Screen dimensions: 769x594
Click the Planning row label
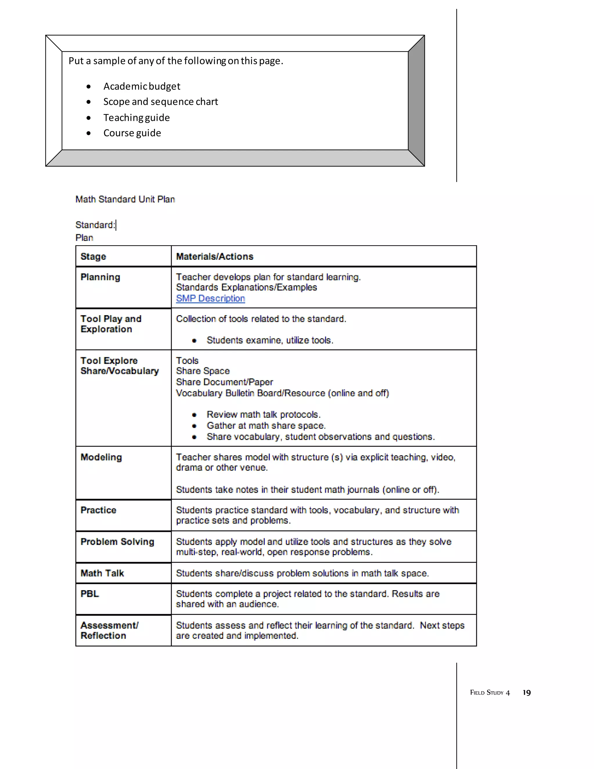click(x=100, y=277)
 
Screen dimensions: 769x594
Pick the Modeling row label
click(x=101, y=457)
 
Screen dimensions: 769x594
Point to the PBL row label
click(x=90, y=594)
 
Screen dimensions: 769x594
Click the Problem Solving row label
click(x=117, y=541)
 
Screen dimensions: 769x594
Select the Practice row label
click(x=98, y=510)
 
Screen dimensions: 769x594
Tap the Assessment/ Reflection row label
click(x=109, y=630)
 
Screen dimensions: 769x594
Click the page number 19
click(x=526, y=693)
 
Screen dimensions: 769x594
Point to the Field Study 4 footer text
click(x=490, y=693)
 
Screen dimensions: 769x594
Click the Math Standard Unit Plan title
click(x=125, y=199)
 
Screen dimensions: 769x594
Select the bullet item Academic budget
click(x=142, y=86)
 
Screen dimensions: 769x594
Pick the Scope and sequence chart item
click(x=160, y=102)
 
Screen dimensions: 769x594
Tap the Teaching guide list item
click(x=136, y=118)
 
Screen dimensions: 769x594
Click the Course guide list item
click(x=132, y=133)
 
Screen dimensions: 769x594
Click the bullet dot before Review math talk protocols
click(x=194, y=415)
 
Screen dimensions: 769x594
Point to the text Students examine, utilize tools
click(x=269, y=340)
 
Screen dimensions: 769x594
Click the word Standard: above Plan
click(x=95, y=225)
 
